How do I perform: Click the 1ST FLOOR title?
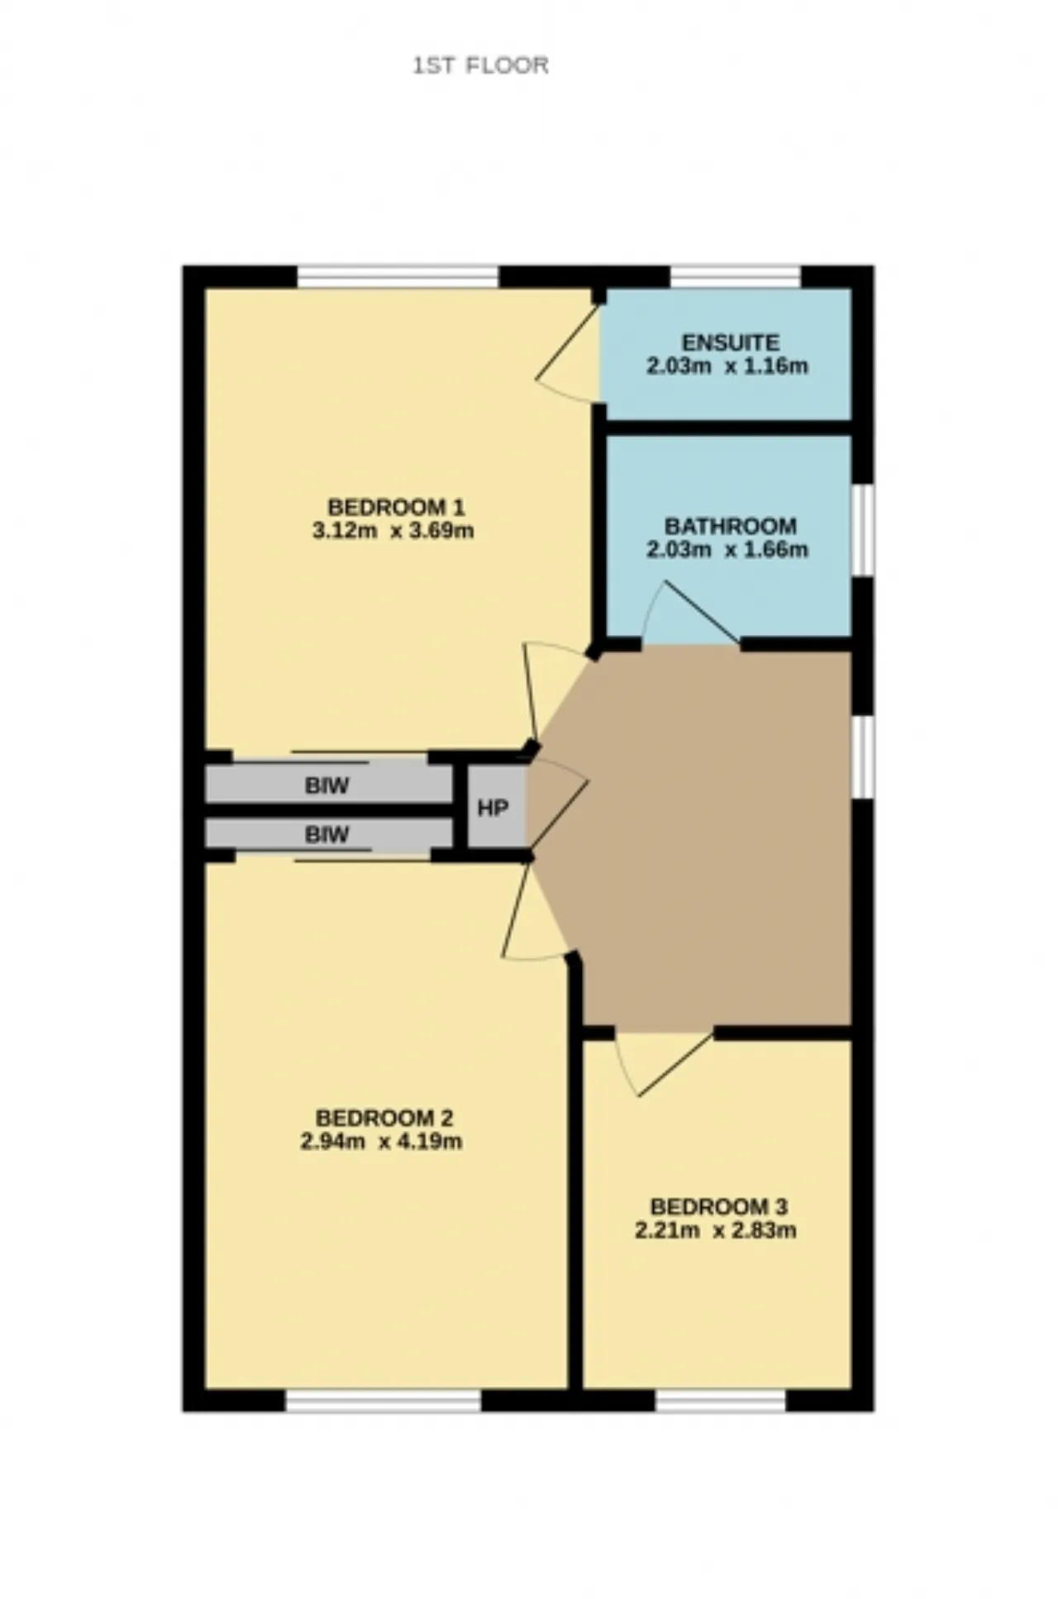click(480, 65)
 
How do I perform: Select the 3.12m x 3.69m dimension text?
click(393, 530)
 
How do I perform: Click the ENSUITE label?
click(730, 342)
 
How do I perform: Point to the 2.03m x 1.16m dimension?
click(727, 366)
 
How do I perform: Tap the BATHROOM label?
click(730, 526)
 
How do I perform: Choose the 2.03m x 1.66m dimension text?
click(727, 550)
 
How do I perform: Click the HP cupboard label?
click(493, 808)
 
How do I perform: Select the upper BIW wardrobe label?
click(327, 785)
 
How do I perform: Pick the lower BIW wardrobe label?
click(327, 834)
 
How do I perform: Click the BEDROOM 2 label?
click(384, 1118)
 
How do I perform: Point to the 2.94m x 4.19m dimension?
click(381, 1142)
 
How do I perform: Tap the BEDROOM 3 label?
click(719, 1206)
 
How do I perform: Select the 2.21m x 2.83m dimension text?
click(716, 1230)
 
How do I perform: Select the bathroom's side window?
click(863, 530)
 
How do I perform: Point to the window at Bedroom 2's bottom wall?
click(384, 1400)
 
